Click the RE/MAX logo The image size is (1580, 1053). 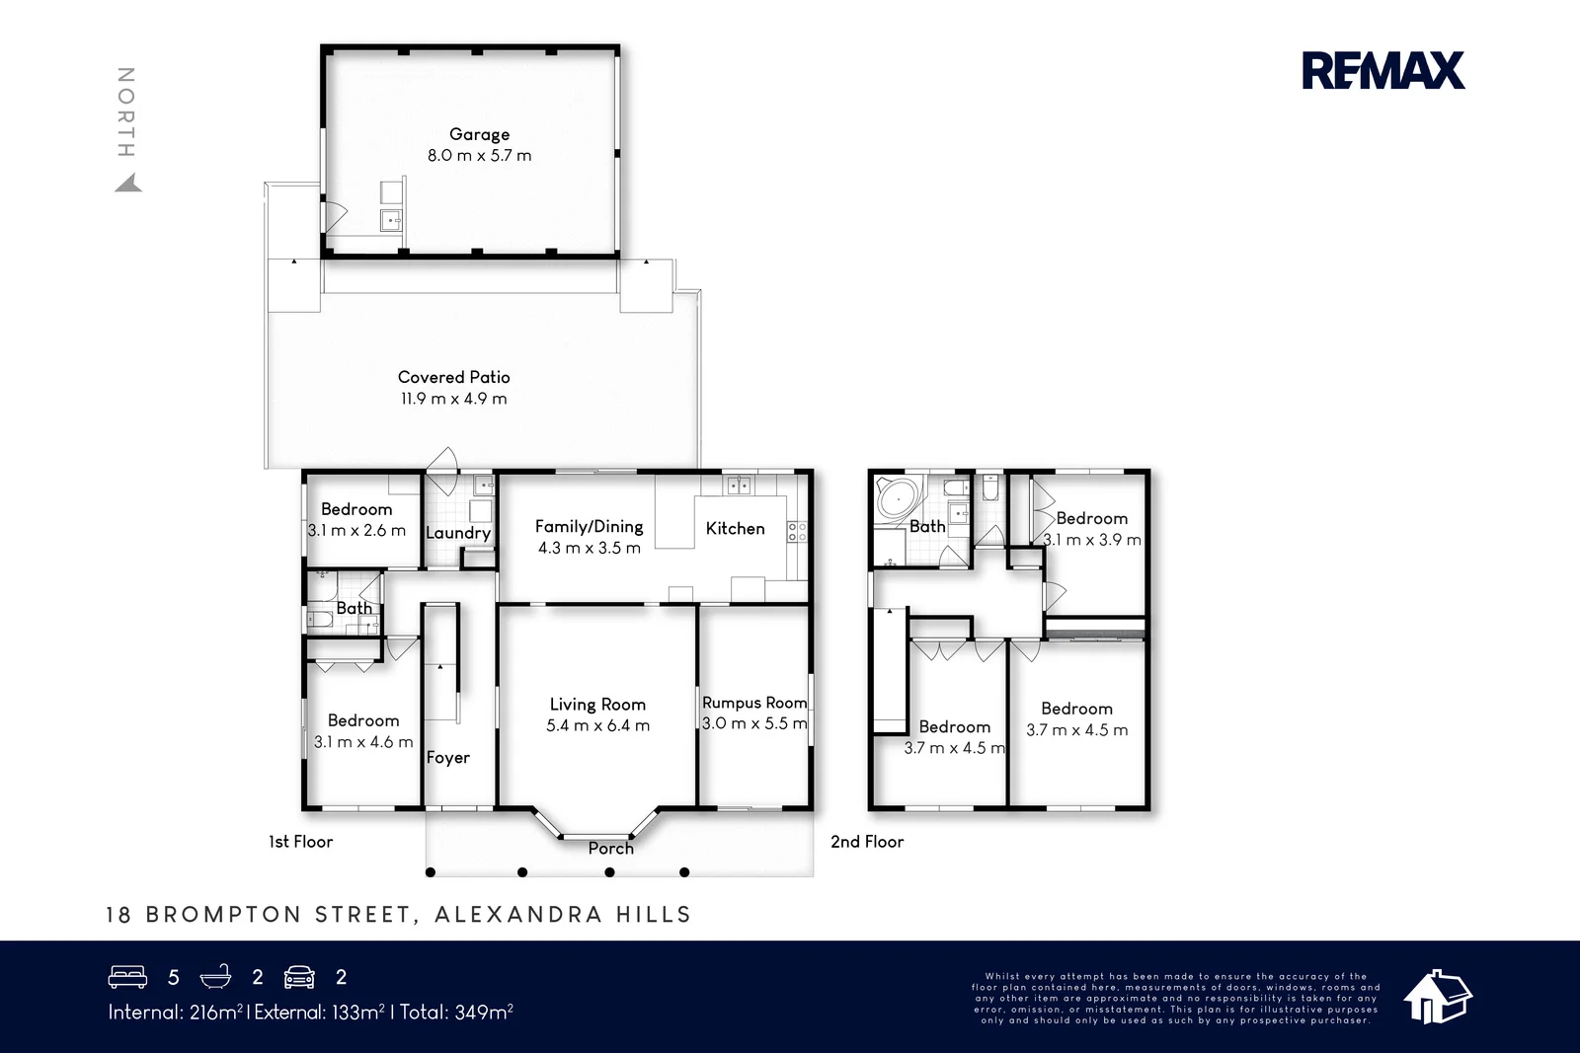click(x=1383, y=70)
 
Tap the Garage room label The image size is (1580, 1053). click(x=480, y=134)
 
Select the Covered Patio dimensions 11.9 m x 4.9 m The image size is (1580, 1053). click(x=453, y=399)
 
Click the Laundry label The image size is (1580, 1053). click(x=458, y=532)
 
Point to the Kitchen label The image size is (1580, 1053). click(x=735, y=528)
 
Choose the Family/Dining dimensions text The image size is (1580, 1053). click(x=589, y=548)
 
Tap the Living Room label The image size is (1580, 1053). click(x=597, y=704)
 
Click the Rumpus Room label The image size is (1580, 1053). click(x=754, y=702)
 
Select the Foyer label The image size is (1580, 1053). click(x=448, y=758)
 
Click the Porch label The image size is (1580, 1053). click(x=611, y=848)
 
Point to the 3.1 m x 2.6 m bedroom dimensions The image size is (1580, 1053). click(x=356, y=530)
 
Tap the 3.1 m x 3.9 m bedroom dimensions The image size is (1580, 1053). click(x=1092, y=540)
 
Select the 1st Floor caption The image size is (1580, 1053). click(x=300, y=842)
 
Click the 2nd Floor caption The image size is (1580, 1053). click(x=867, y=842)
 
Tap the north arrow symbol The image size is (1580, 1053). click(x=129, y=184)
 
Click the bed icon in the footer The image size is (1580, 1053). click(x=127, y=977)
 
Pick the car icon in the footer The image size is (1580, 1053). click(x=299, y=977)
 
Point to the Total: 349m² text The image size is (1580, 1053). click(x=456, y=1013)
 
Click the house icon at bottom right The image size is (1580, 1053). click(x=1437, y=997)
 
